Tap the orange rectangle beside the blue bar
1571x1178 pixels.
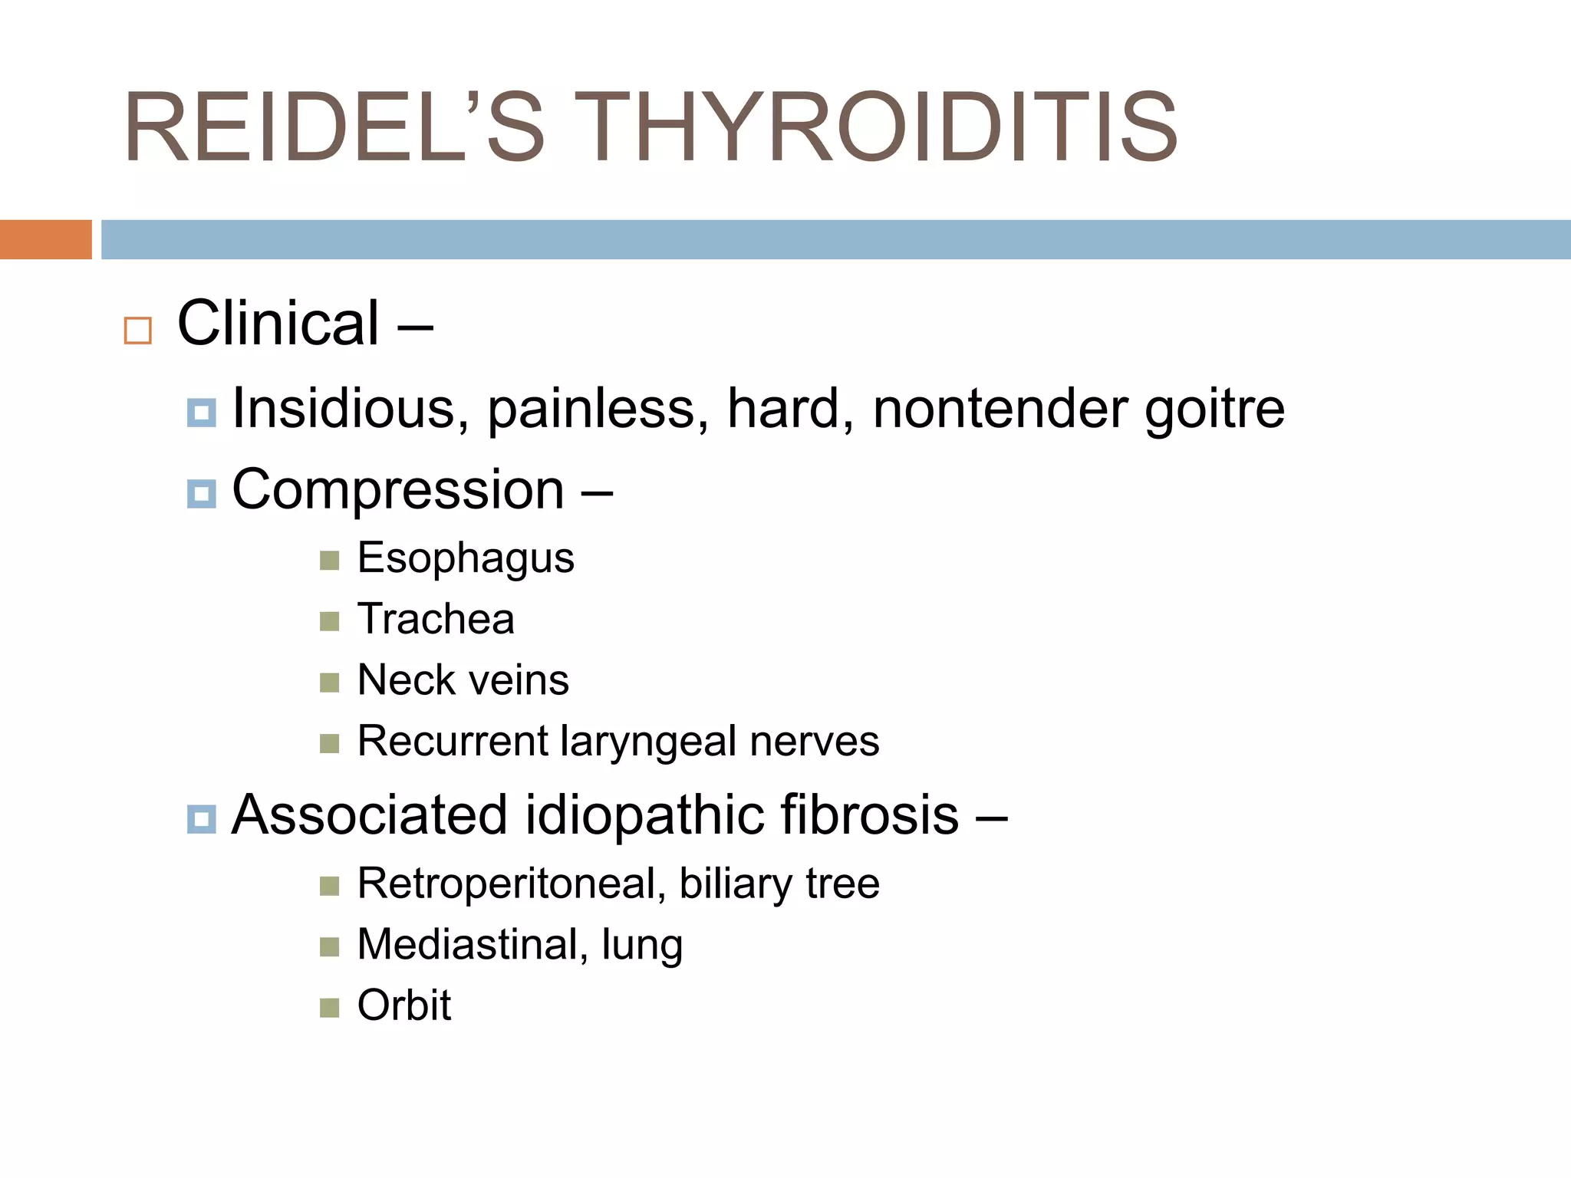click(45, 239)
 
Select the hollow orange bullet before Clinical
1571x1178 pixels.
click(138, 331)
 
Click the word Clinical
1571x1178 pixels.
click(278, 324)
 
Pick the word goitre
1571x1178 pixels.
click(1214, 410)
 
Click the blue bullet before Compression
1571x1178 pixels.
click(201, 493)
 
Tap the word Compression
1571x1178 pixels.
click(398, 491)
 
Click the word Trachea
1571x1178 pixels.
click(436, 619)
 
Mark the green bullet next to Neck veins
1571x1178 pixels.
click(330, 682)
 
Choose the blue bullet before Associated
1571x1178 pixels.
click(201, 819)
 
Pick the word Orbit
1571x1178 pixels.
click(404, 1005)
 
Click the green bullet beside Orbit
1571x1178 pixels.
click(330, 1007)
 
